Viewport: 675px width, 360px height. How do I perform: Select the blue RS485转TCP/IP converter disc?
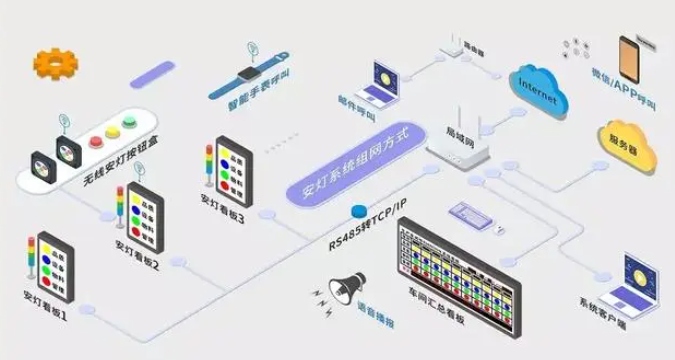click(x=358, y=210)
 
